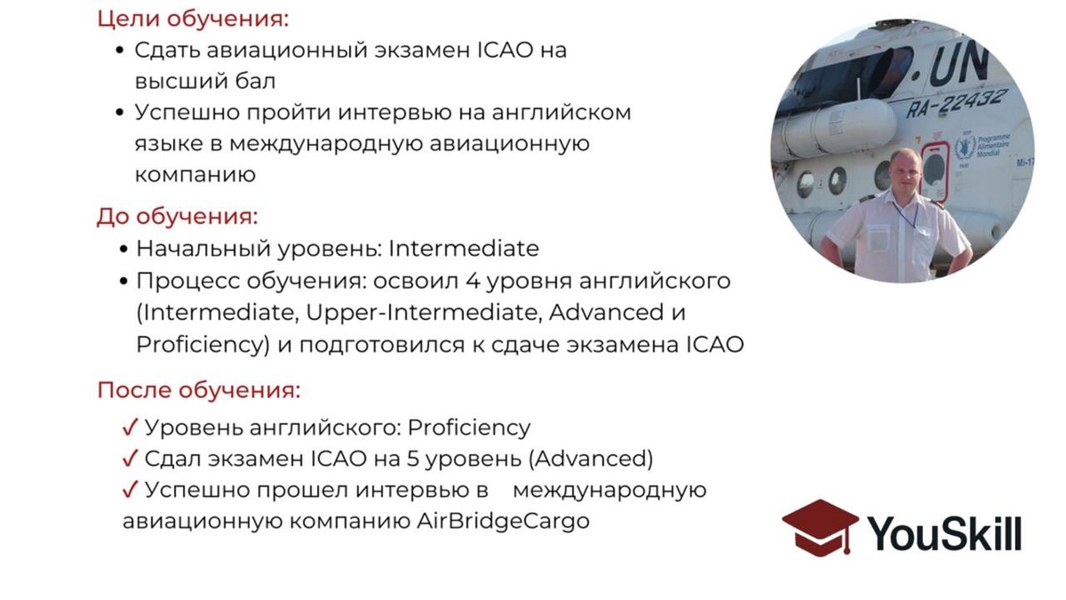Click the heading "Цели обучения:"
[x=194, y=20]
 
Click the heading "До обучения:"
[x=177, y=217]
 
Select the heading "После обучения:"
[x=199, y=390]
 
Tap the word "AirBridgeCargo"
[x=504, y=522]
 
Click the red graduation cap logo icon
[x=820, y=528]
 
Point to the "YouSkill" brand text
[x=944, y=533]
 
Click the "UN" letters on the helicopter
[x=958, y=65]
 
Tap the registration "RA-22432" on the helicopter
[x=956, y=103]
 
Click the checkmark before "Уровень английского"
[x=130, y=428]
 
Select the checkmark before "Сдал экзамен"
[x=130, y=458]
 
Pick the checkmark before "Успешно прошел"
[x=130, y=489]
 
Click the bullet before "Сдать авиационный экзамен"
[x=119, y=51]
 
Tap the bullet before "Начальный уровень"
[x=123, y=249]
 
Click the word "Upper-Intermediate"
[x=424, y=313]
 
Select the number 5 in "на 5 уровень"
[x=412, y=459]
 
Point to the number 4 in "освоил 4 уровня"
[x=473, y=281]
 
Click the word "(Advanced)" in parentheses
[x=591, y=459]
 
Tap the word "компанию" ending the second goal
[x=195, y=175]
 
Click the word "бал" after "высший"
[x=255, y=81]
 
